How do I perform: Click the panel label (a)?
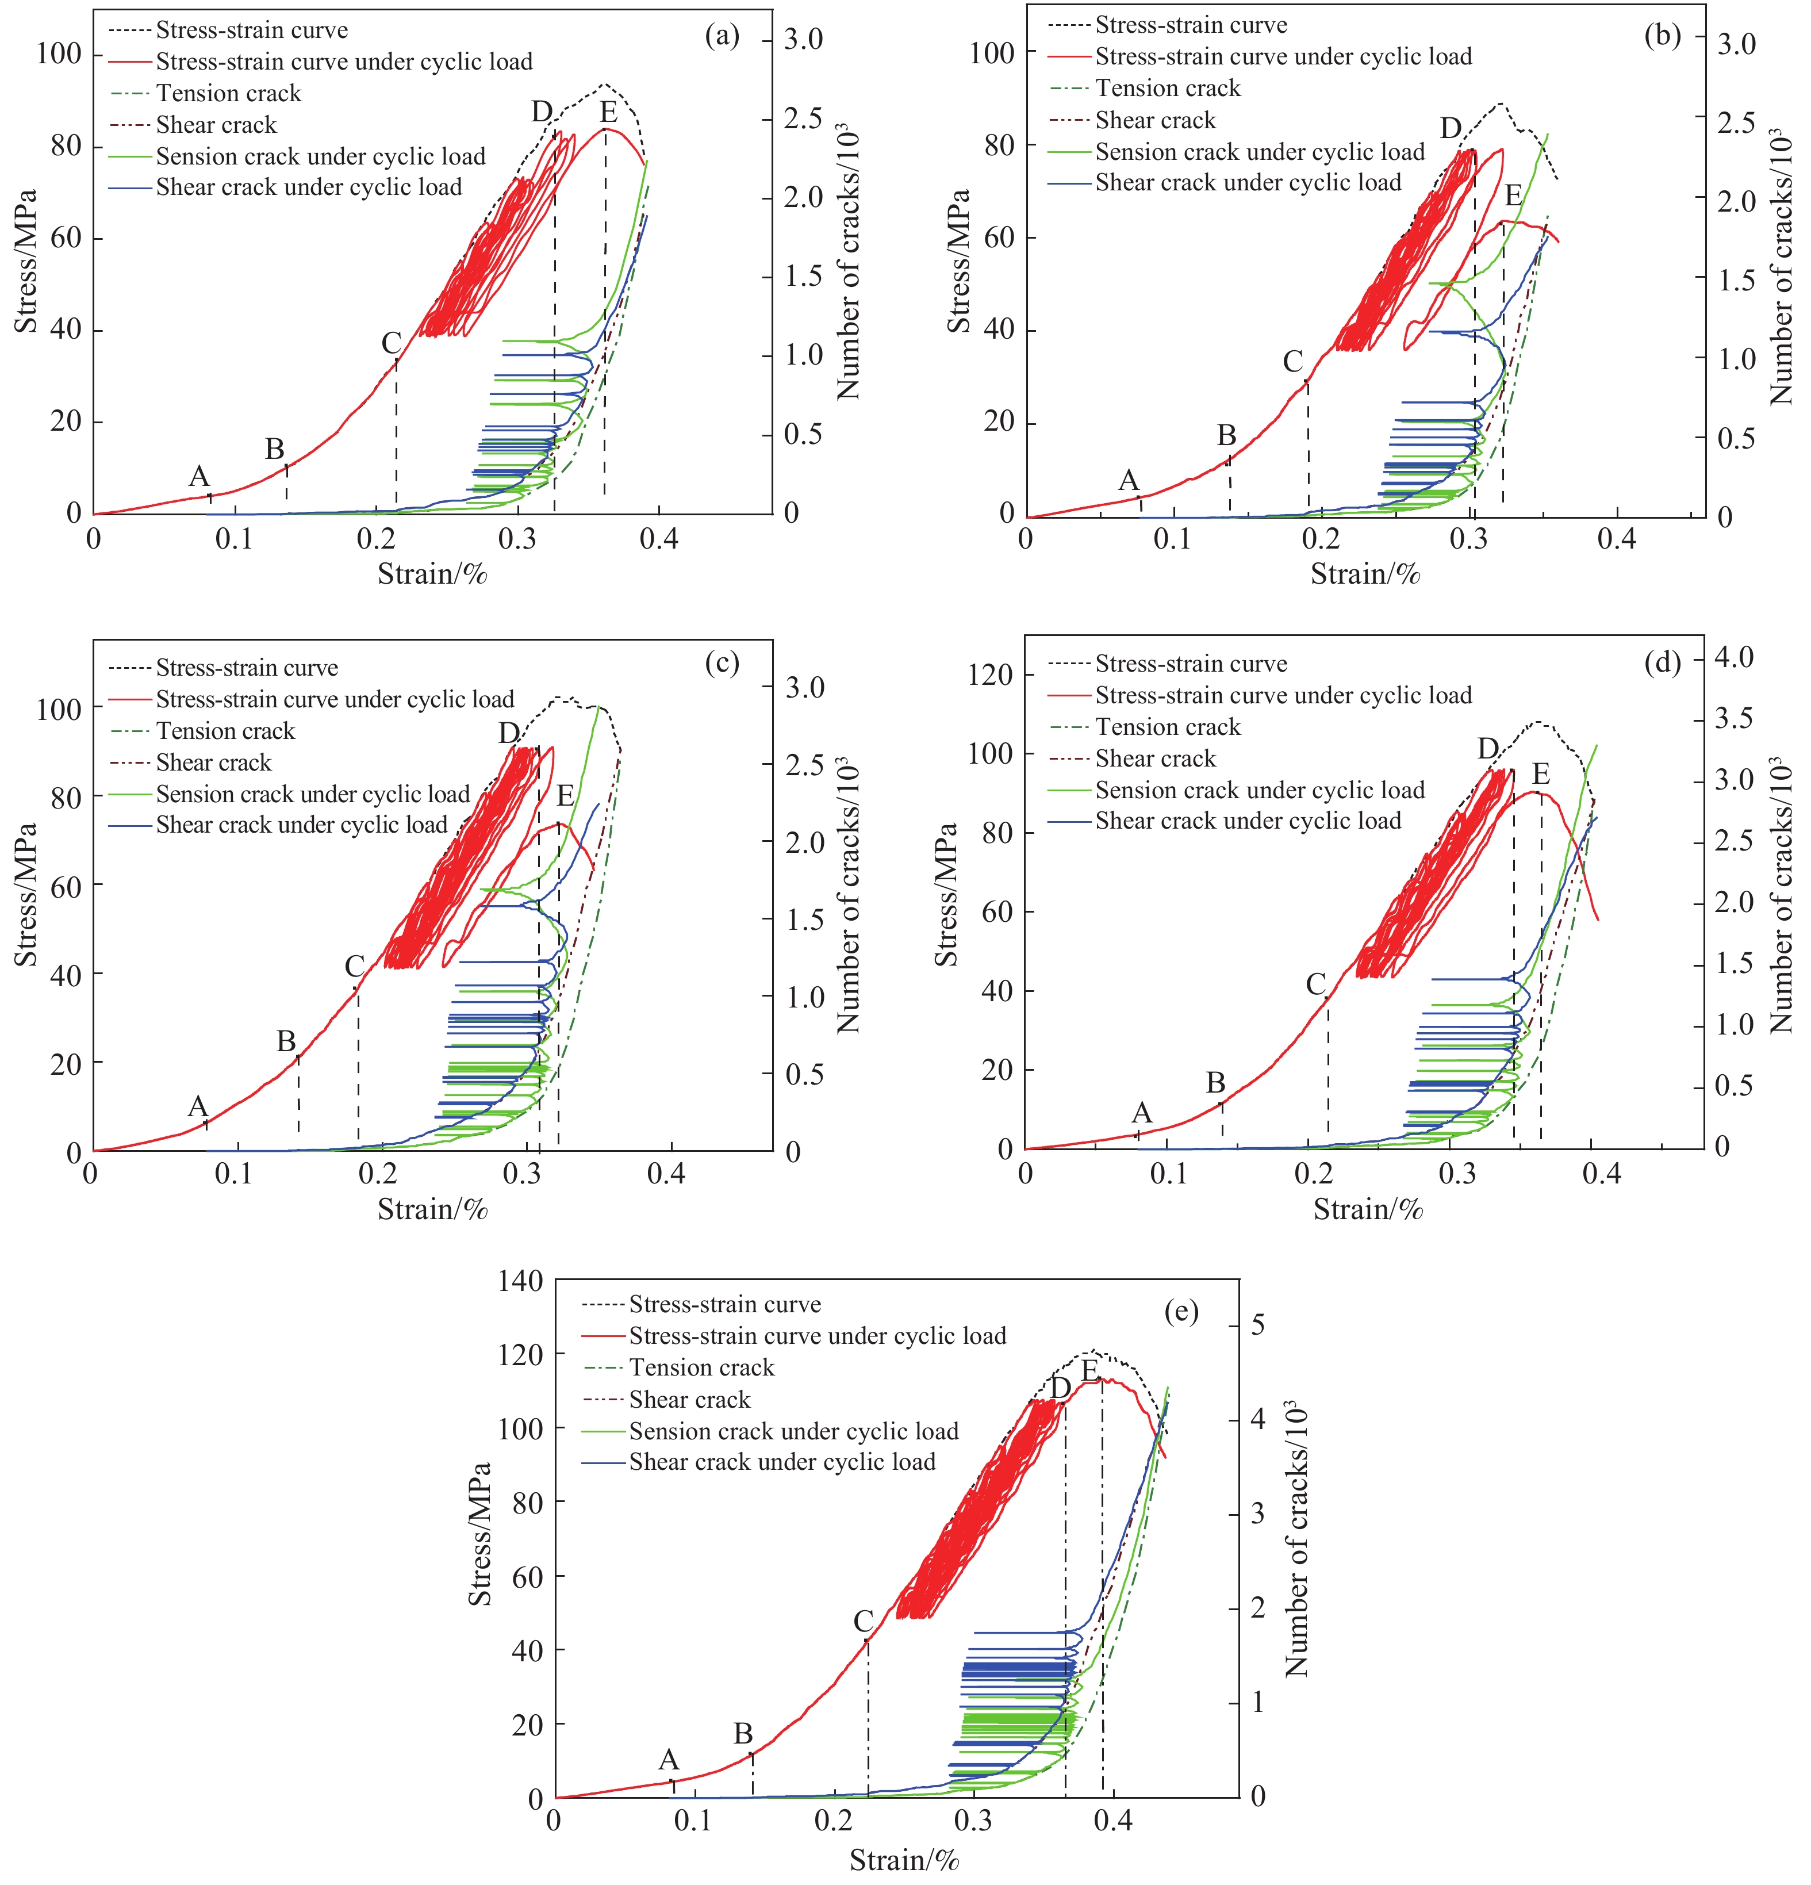point(722,37)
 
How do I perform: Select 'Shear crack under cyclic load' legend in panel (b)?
point(1248,183)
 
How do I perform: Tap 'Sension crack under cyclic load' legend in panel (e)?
point(793,1431)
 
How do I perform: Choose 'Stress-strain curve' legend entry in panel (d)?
point(1191,664)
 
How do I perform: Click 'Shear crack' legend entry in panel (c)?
point(213,763)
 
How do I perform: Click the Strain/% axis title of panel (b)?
point(1365,574)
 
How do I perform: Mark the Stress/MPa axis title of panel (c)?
point(26,894)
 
